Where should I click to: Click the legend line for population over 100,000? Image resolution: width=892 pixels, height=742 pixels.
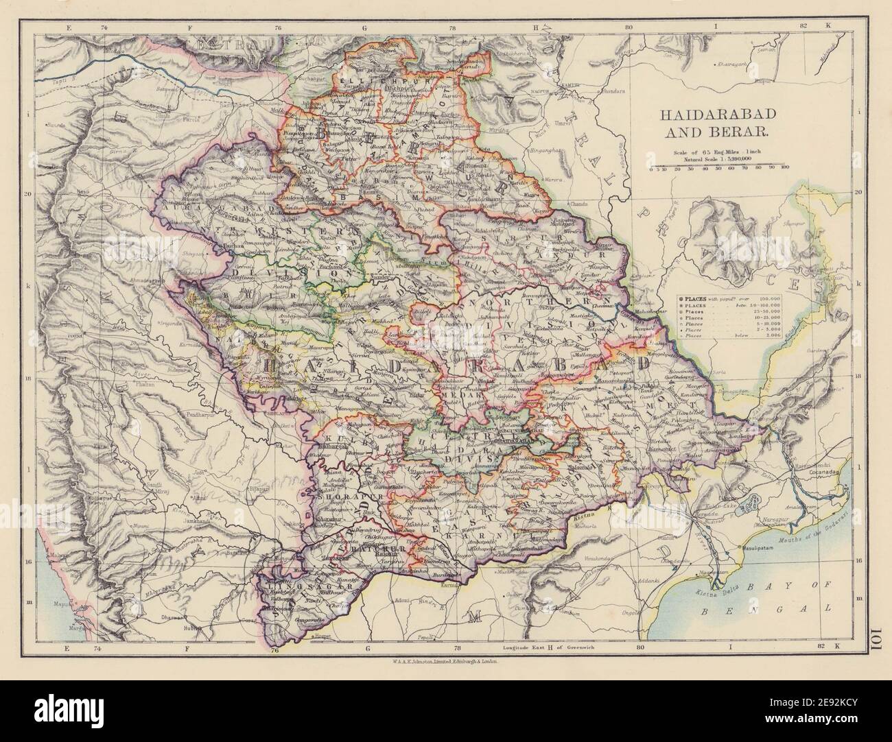click(x=727, y=300)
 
